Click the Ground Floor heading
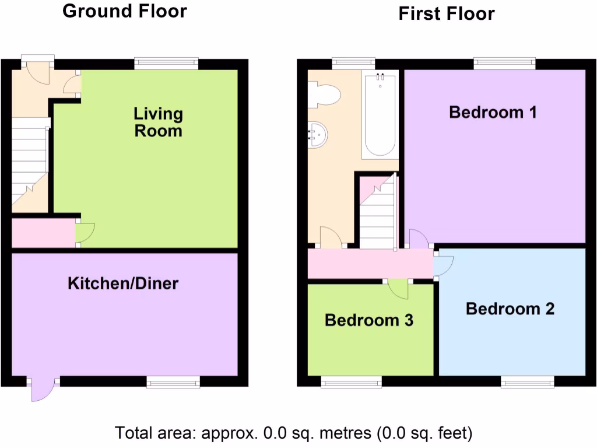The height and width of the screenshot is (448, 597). point(125,11)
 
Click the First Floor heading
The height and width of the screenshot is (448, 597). point(447,13)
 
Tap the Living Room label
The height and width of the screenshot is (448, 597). point(158,122)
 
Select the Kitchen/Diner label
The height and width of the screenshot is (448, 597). point(123,284)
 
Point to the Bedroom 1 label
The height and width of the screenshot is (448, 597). point(493,112)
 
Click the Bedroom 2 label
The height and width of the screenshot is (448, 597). point(510,309)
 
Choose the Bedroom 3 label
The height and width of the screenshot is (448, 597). point(369,320)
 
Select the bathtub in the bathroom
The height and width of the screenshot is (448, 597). point(380,114)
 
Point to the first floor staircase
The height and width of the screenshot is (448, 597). point(377,213)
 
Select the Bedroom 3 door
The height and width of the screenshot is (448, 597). point(398,288)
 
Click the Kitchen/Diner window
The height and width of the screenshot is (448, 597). point(173,382)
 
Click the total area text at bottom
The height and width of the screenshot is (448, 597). point(293,433)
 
